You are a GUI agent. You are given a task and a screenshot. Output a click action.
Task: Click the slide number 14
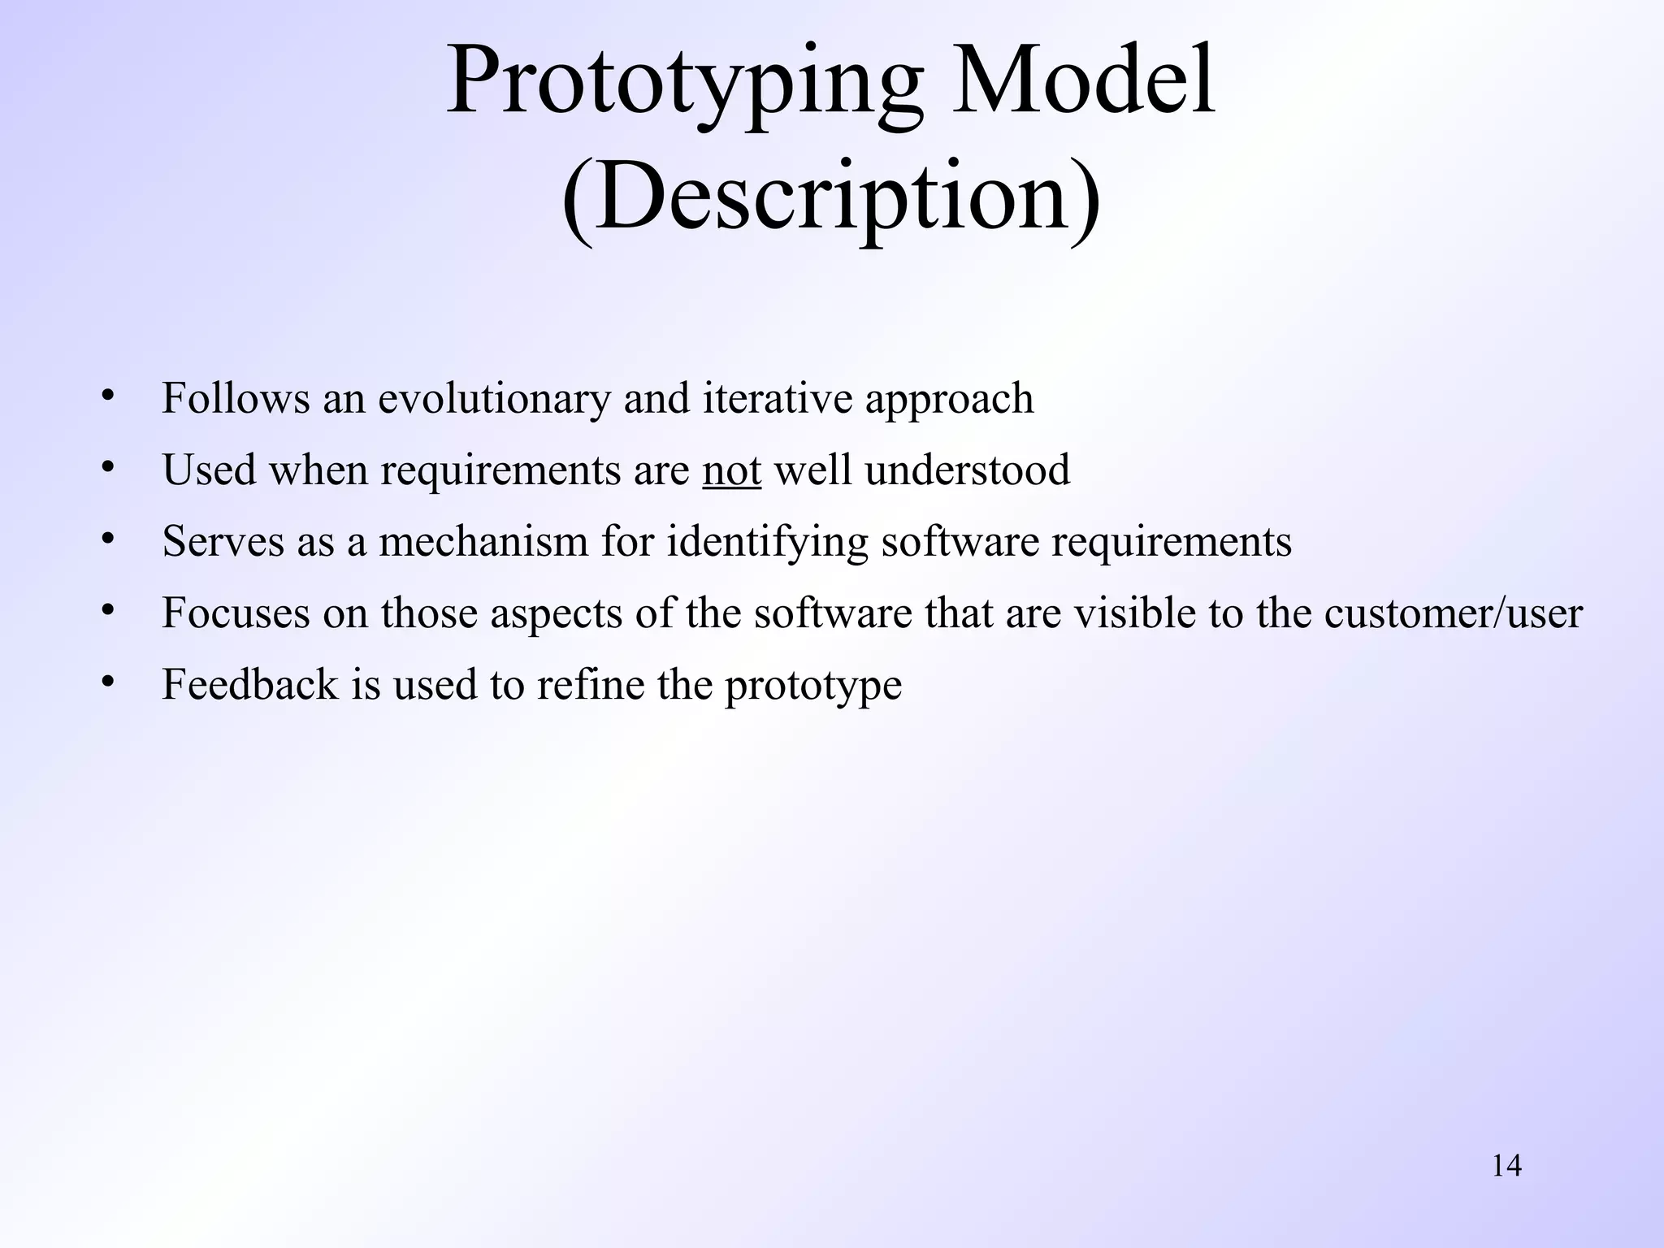pos(1506,1166)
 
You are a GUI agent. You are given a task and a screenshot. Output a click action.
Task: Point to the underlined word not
pos(731,470)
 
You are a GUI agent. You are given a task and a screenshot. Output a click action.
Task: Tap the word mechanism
pos(483,541)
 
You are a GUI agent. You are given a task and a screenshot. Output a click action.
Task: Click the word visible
pos(1134,613)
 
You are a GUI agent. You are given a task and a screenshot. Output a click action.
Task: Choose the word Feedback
pos(249,684)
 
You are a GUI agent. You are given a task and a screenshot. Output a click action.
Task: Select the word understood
pos(966,470)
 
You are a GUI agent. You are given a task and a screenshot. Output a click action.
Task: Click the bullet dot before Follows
pos(107,396)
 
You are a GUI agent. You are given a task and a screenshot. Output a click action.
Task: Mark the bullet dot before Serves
pos(107,539)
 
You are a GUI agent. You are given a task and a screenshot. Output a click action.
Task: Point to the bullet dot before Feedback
pos(107,682)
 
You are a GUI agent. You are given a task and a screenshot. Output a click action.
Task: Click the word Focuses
pos(236,613)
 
